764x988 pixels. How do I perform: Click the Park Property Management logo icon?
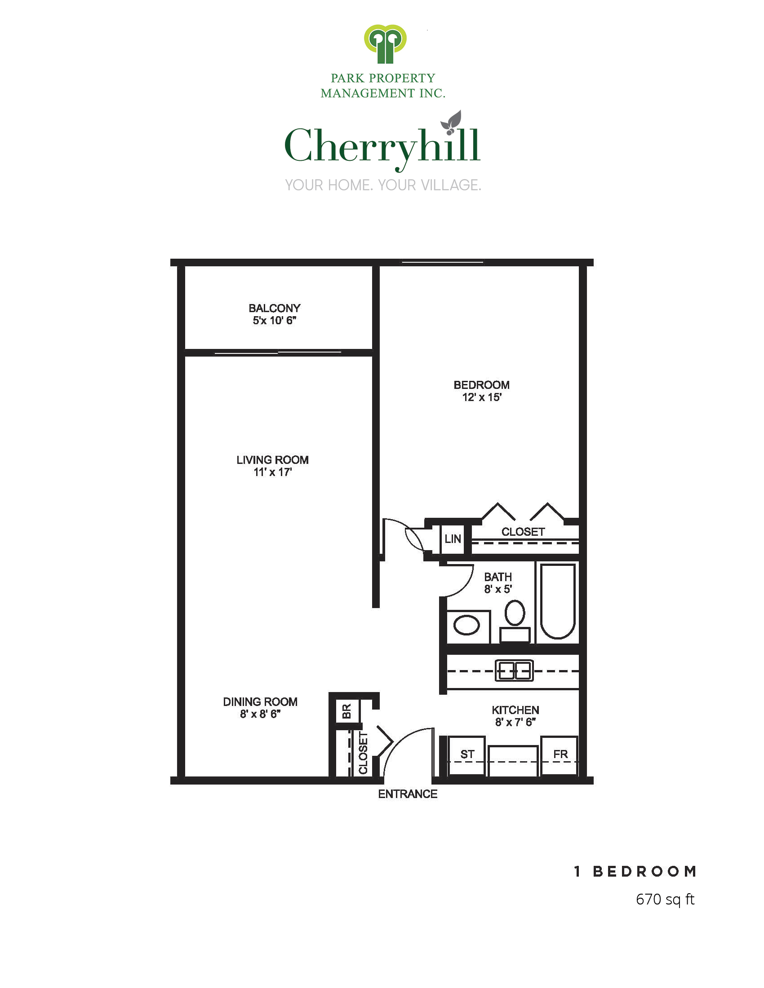tap(385, 44)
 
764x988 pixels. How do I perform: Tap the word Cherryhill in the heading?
tap(382, 146)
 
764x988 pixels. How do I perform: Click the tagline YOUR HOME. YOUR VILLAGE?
tap(383, 185)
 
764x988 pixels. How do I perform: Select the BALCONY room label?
tap(274, 308)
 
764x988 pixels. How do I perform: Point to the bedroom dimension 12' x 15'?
tap(482, 397)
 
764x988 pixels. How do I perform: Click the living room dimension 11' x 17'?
tap(272, 472)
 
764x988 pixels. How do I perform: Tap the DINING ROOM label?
tap(260, 701)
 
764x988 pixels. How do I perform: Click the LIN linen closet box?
tap(453, 539)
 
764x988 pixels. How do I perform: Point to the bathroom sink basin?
tap(466, 626)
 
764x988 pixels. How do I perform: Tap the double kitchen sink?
tap(514, 670)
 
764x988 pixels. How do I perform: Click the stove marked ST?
tap(467, 755)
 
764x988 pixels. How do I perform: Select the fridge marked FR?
tap(560, 755)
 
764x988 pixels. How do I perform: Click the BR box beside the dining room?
tap(346, 712)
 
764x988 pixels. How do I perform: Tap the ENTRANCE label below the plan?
tap(408, 794)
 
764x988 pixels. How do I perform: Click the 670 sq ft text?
tap(665, 900)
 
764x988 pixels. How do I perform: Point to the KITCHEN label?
tap(515, 710)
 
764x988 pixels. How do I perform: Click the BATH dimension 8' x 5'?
tap(498, 589)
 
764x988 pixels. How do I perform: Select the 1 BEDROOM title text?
tap(635, 871)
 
